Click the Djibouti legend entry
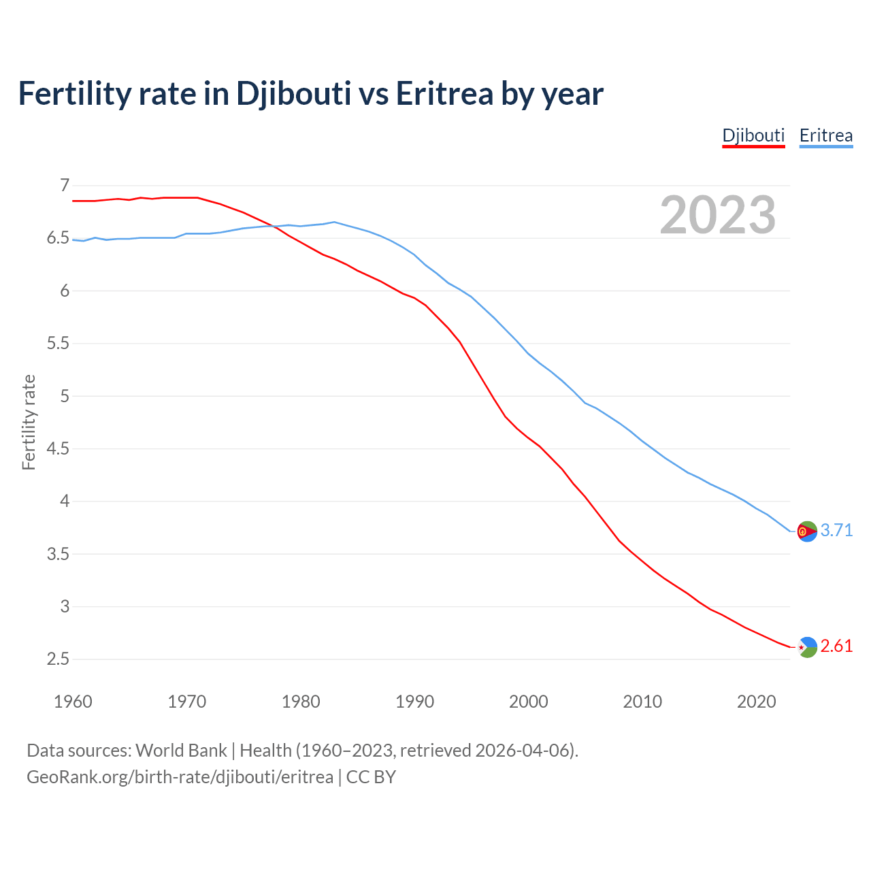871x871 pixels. [753, 135]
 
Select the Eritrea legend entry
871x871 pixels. [825, 135]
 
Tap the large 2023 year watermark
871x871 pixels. [717, 215]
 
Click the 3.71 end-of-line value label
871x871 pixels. [836, 530]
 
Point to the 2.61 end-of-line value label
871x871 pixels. [836, 646]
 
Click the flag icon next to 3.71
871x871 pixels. [807, 531]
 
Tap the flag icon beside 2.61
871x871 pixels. [807, 647]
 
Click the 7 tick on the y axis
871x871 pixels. [65, 185]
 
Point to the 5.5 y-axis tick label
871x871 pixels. [58, 343]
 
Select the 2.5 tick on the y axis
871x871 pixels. [58, 659]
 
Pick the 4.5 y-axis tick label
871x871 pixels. [58, 448]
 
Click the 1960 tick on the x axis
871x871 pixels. [73, 702]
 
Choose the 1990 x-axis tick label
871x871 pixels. [414, 702]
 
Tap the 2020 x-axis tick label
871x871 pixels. [756, 702]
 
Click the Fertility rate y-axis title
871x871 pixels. [29, 422]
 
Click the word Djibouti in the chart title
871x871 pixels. [293, 94]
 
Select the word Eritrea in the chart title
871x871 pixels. [444, 94]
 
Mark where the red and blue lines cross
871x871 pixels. [273, 227]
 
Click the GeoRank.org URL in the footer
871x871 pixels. [180, 776]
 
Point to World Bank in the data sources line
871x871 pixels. [181, 750]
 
